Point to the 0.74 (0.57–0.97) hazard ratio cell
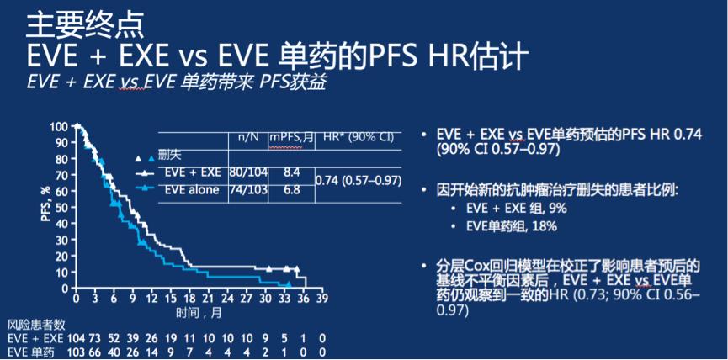pos(357,181)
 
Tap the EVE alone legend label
pos(191,190)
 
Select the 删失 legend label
pos(172,156)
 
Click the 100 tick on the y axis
pos(59,126)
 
